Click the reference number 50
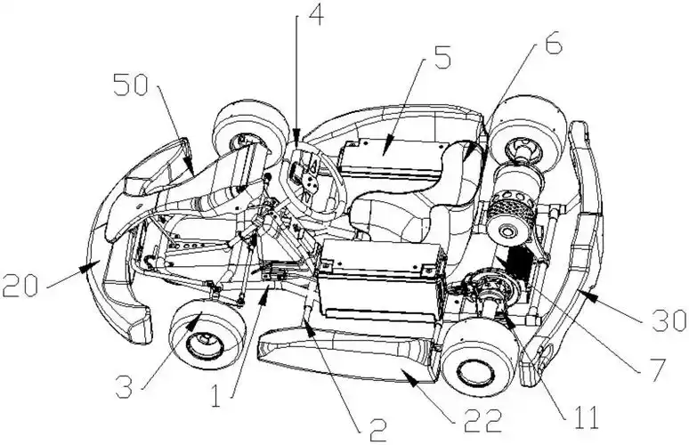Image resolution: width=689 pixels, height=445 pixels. (x=130, y=85)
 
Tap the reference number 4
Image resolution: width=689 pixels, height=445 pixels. (x=315, y=15)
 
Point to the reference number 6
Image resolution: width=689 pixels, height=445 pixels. (x=553, y=43)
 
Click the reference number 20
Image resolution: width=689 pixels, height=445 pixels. (x=20, y=286)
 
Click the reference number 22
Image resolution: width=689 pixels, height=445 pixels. (x=483, y=421)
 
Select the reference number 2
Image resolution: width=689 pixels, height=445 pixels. (x=377, y=430)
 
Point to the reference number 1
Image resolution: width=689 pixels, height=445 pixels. (x=215, y=395)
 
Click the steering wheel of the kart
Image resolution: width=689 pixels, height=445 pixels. (x=314, y=178)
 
